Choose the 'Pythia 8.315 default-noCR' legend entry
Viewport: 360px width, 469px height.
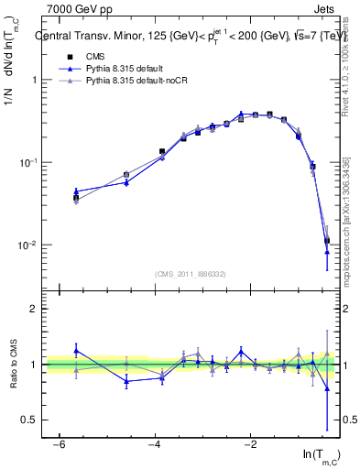tap(137, 82)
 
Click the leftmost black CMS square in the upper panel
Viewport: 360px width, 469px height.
tap(76, 197)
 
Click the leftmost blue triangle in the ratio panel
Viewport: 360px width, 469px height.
tap(76, 350)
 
